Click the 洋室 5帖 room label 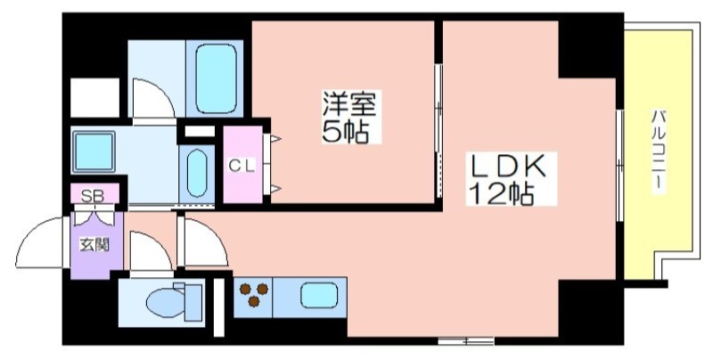[x=351, y=117]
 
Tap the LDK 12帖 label [x=511, y=178]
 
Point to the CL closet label [x=242, y=166]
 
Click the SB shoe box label [x=93, y=196]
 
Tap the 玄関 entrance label [x=94, y=245]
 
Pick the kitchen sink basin [x=319, y=296]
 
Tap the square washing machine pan [x=94, y=151]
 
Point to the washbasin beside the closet [x=197, y=173]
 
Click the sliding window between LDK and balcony [x=619, y=166]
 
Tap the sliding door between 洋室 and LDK [x=438, y=132]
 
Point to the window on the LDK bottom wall [x=466, y=340]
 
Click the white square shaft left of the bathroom [x=95, y=98]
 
